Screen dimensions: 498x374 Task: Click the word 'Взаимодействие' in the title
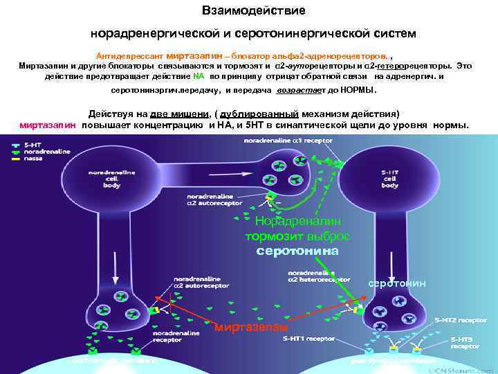point(253,12)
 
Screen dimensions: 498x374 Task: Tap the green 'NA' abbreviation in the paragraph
point(199,77)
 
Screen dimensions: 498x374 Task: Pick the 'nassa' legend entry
point(33,158)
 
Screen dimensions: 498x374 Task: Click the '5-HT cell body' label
point(390,179)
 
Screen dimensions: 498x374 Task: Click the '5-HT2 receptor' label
point(460,321)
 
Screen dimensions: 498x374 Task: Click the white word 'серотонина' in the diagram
point(297,251)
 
